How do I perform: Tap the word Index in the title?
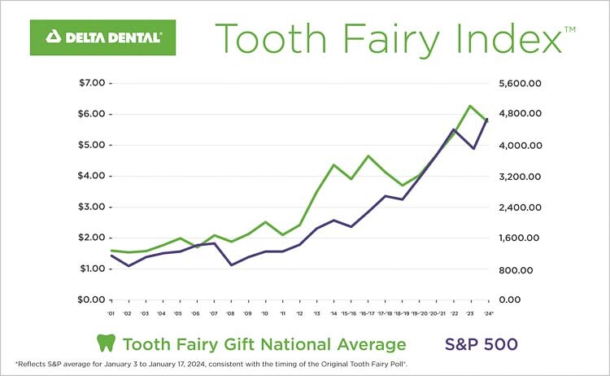[x=512, y=37]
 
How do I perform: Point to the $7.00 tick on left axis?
[x=92, y=83]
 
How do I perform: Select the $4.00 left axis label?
[x=92, y=176]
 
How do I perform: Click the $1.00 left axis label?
[x=92, y=269]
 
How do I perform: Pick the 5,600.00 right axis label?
[x=512, y=83]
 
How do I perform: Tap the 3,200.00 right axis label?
[x=512, y=176]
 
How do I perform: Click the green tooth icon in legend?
[x=104, y=343]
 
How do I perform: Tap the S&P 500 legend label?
[x=480, y=343]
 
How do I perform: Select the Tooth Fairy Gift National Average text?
[x=263, y=343]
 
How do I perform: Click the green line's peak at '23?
[x=470, y=106]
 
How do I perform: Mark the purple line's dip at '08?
[x=231, y=265]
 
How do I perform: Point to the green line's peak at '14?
[x=333, y=164]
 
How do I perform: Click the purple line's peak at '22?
[x=453, y=129]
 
